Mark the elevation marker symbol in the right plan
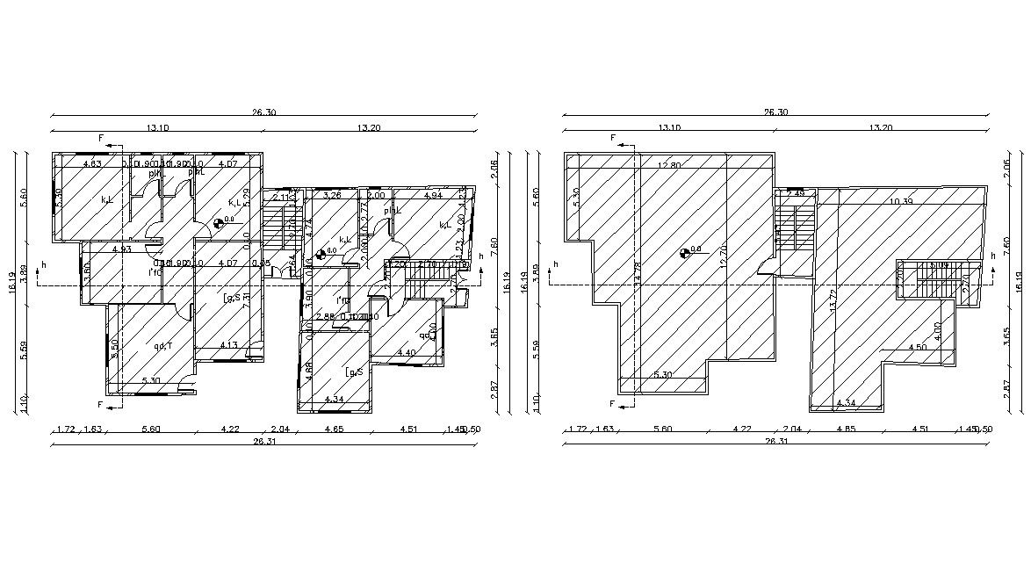[686, 253]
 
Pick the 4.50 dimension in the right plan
[917, 347]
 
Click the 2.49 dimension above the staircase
[796, 193]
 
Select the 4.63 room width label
[92, 163]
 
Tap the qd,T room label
[162, 346]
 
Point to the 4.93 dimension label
[121, 249]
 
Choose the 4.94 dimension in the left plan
[432, 195]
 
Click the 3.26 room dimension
[332, 195]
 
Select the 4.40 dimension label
[407, 352]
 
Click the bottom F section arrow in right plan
[614, 404]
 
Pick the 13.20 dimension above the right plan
[880, 128]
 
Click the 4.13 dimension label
[228, 344]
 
